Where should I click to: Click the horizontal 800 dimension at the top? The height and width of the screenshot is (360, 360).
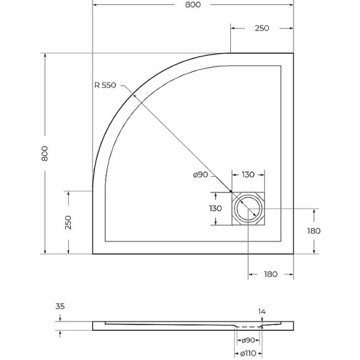pos(193,5)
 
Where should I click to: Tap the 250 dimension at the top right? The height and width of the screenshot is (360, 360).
pos(261,28)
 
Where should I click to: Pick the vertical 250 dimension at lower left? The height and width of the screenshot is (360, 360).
pos(68,222)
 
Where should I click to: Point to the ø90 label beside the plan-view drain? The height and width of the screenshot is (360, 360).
pos(200,175)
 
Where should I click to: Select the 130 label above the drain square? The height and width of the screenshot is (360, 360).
pos(248,175)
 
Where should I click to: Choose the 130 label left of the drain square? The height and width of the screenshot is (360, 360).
pos(215,208)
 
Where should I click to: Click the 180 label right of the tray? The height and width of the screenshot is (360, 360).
pos(313,230)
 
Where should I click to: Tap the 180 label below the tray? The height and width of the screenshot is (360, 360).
pos(270,274)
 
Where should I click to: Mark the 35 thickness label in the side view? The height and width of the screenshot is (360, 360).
pos(60,306)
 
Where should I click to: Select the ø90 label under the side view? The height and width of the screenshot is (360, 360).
pos(248,340)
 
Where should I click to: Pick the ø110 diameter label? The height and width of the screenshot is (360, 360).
pos(248,354)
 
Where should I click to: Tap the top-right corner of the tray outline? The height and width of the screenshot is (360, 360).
pos(293,54)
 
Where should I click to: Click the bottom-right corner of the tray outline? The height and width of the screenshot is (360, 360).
pos(293,254)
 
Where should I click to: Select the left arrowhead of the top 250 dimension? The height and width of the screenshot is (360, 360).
pos(233,28)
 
